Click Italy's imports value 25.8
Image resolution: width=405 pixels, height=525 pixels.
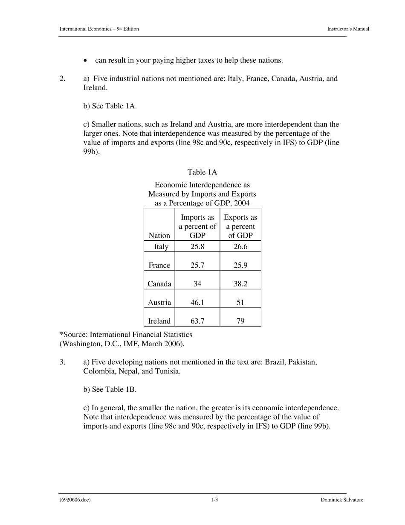click(197, 247)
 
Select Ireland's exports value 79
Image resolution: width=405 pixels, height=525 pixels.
click(240, 321)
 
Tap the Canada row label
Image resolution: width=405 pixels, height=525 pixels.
click(159, 284)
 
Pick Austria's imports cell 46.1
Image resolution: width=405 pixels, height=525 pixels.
click(197, 303)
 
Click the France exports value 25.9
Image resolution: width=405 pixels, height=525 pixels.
click(240, 265)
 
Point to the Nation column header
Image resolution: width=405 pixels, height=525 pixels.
click(159, 236)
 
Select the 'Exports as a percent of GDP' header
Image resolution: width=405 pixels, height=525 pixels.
click(240, 227)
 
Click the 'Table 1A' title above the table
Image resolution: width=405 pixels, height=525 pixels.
click(202, 172)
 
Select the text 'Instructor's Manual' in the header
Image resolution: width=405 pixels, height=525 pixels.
click(348, 29)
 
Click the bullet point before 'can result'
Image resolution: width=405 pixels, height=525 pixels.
click(86, 61)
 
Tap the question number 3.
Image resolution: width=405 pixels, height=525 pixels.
click(62, 362)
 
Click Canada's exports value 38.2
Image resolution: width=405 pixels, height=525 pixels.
click(240, 284)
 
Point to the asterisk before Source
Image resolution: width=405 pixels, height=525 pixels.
click(61, 334)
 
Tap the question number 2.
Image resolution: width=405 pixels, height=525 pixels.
click(62, 79)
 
